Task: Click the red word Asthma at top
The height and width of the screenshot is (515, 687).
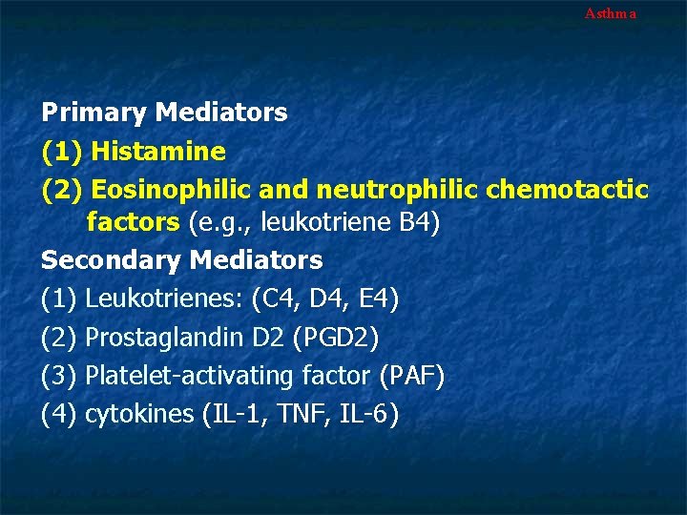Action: pyautogui.click(x=610, y=13)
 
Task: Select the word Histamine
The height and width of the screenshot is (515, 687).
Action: pyautogui.click(x=158, y=151)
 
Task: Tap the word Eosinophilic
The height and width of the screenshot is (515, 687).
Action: pyautogui.click(x=168, y=189)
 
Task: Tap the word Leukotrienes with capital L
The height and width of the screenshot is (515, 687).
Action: pyautogui.click(x=163, y=299)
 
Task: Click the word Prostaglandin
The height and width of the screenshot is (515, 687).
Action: pyautogui.click(x=165, y=337)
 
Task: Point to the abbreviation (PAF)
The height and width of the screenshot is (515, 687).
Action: pyautogui.click(x=411, y=376)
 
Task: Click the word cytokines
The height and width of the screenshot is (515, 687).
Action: pyautogui.click(x=139, y=414)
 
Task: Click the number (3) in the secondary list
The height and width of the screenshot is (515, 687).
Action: pyautogui.click(x=58, y=376)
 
